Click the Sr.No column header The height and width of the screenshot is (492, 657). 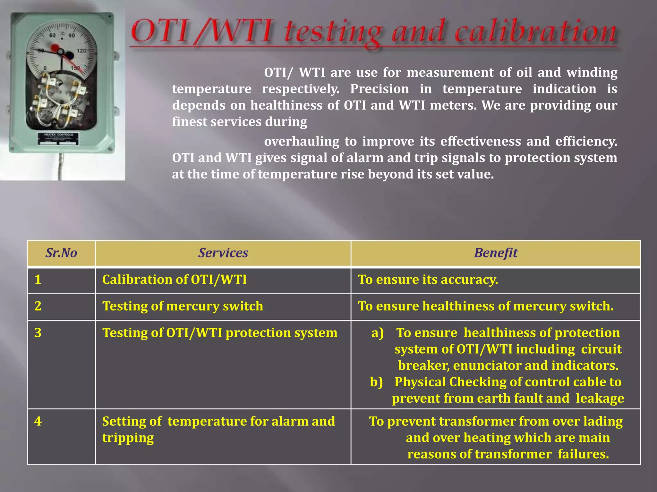tap(61, 253)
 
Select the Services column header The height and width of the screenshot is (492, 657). tap(223, 253)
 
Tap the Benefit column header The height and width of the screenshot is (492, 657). tap(496, 253)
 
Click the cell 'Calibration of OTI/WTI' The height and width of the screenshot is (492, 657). tap(175, 280)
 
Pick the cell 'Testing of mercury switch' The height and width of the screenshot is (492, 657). tap(183, 306)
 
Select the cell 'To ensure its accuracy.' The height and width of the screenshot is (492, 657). tap(428, 280)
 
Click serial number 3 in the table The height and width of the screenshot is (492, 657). tap(38, 333)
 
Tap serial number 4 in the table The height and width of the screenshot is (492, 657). tap(38, 421)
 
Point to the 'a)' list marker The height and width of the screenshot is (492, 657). tap(378, 333)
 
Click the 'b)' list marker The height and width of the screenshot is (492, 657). tap(376, 382)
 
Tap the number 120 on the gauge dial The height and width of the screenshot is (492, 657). tap(81, 51)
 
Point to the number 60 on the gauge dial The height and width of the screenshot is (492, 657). tap(53, 35)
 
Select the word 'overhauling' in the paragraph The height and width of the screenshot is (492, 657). tap(302, 142)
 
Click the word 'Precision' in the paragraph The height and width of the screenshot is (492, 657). tap(380, 89)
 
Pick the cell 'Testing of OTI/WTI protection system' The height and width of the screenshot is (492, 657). tap(220, 333)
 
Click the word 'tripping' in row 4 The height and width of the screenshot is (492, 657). tap(128, 438)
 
